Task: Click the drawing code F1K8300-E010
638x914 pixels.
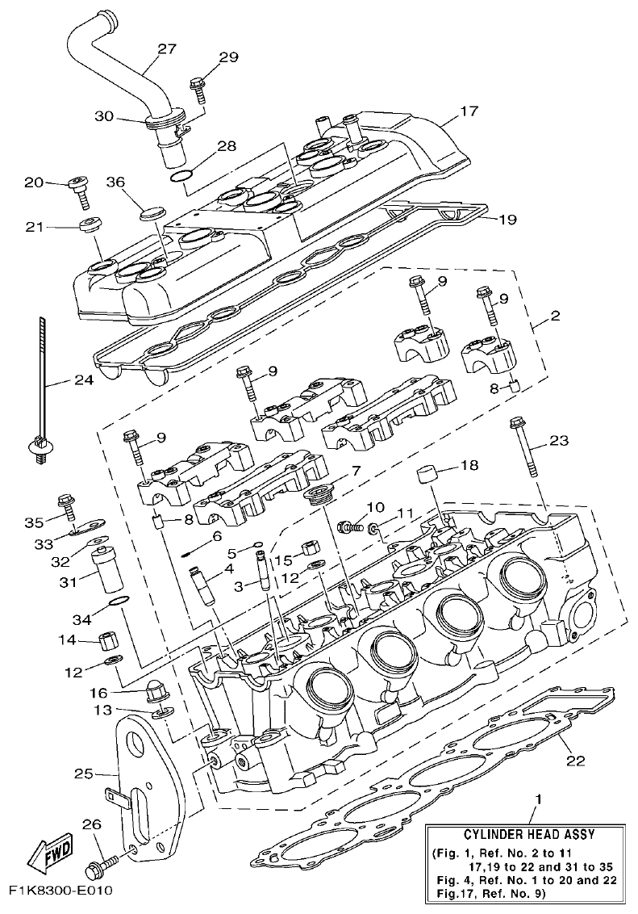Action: click(60, 891)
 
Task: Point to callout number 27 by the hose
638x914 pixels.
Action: click(166, 48)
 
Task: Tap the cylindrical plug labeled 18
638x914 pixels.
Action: click(427, 473)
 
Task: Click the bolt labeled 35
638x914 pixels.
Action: click(66, 505)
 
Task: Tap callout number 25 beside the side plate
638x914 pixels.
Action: click(85, 773)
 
